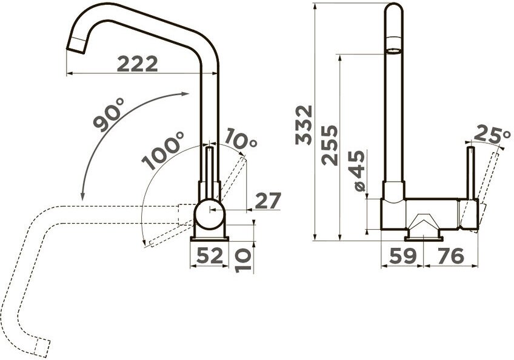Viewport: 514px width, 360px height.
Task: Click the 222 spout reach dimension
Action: click(138, 64)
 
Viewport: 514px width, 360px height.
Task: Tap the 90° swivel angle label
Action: click(108, 115)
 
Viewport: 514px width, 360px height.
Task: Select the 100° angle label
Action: click(163, 150)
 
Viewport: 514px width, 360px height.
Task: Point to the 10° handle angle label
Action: click(241, 139)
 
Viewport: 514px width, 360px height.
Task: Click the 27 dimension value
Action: click(268, 201)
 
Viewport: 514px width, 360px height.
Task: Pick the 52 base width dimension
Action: click(210, 255)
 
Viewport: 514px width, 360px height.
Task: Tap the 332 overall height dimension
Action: click(304, 125)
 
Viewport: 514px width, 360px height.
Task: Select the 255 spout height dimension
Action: click(330, 145)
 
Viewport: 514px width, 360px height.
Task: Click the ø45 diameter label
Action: click(356, 171)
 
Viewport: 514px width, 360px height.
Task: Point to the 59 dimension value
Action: click(403, 255)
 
